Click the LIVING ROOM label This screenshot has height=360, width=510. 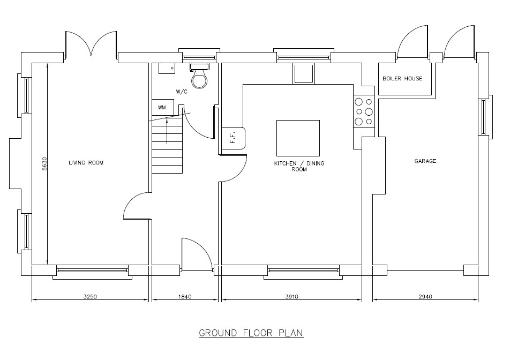pyautogui.click(x=86, y=163)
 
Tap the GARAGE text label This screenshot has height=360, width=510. pyautogui.click(x=425, y=161)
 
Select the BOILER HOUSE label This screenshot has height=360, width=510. pyautogui.click(x=402, y=78)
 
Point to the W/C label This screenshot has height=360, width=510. pyautogui.click(x=182, y=92)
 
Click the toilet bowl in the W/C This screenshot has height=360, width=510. pyautogui.click(x=199, y=79)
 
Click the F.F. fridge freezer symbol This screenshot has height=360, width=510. pyautogui.click(x=233, y=138)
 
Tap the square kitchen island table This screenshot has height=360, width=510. pyautogui.click(x=298, y=138)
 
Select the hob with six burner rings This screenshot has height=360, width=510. pyautogui.click(x=364, y=111)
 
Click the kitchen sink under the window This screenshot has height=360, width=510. pyautogui.click(x=304, y=73)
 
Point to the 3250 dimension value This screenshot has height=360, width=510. pyautogui.click(x=90, y=297)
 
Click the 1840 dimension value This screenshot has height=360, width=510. pyautogui.click(x=185, y=297)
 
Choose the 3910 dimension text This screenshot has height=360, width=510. pyautogui.click(x=292, y=297)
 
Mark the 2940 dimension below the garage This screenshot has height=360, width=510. pyautogui.click(x=425, y=297)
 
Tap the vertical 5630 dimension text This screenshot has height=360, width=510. pyautogui.click(x=44, y=163)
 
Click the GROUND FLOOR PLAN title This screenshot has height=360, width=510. pyautogui.click(x=251, y=333)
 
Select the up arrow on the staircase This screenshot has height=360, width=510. pyautogui.click(x=167, y=131)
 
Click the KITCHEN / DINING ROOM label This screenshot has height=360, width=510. pyautogui.click(x=299, y=166)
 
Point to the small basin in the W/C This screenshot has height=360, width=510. pyautogui.click(x=167, y=68)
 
